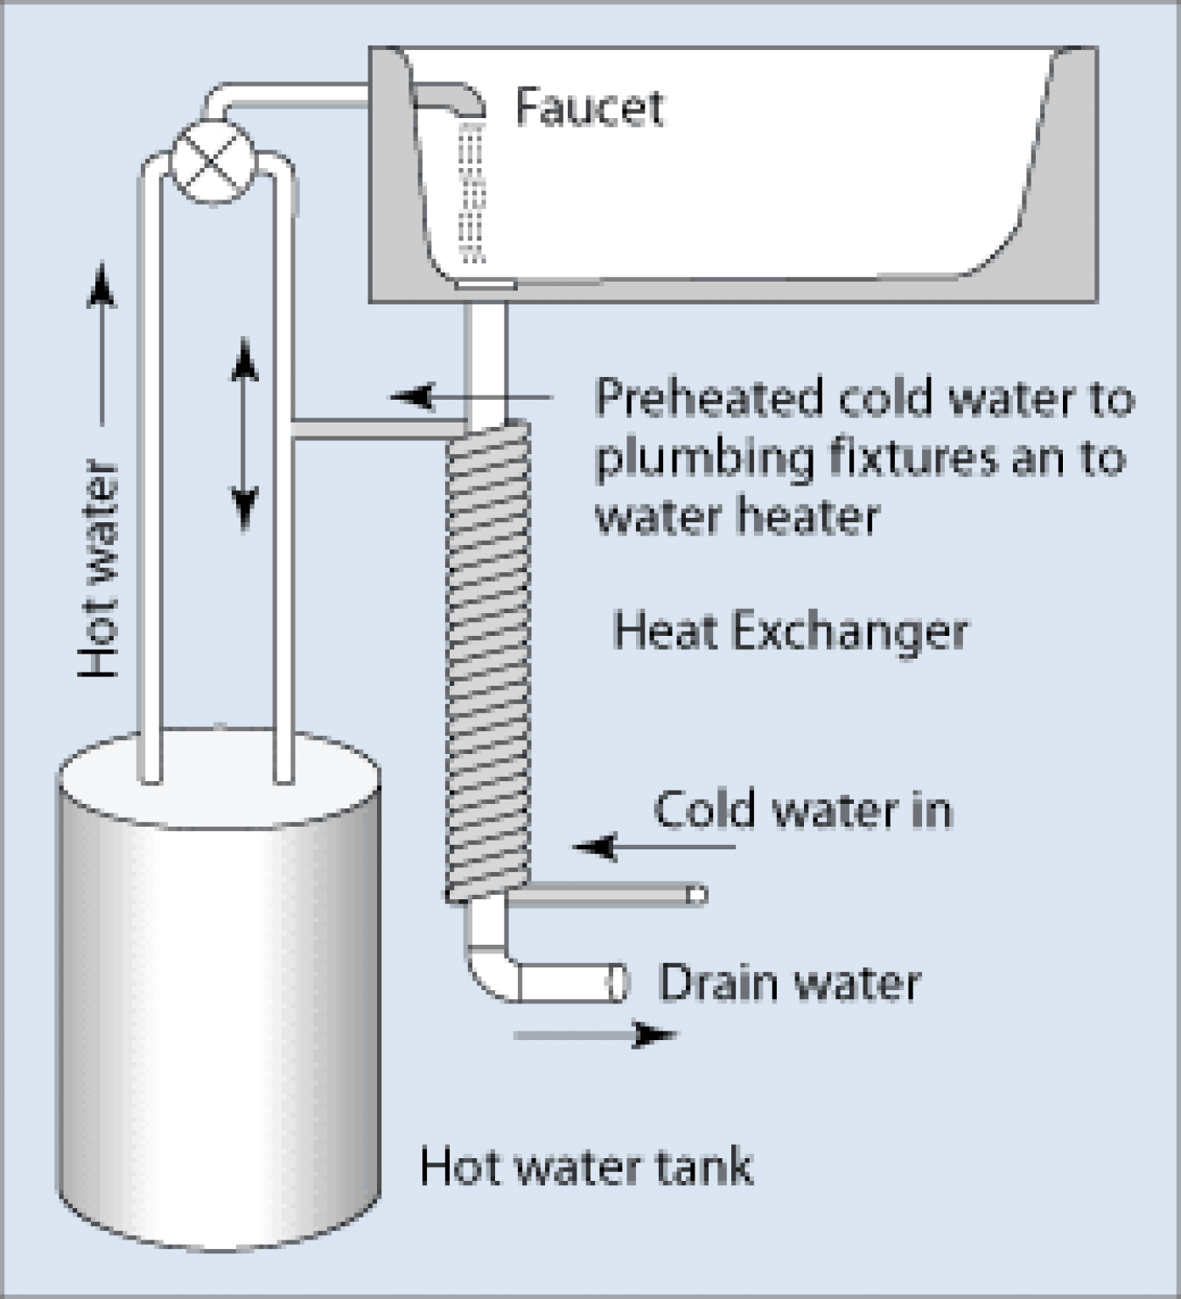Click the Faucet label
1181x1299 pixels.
click(590, 108)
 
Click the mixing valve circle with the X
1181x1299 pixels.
click(213, 161)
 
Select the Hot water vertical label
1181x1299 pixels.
click(99, 569)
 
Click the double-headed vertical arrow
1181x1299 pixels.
click(244, 435)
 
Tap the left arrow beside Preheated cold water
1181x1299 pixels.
click(471, 396)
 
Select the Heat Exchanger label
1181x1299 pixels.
click(790, 632)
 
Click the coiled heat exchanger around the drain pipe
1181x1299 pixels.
click(488, 660)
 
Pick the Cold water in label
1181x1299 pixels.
click(803, 809)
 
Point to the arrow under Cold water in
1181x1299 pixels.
click(654, 847)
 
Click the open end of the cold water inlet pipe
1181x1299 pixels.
click(698, 895)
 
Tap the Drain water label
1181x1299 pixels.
click(790, 982)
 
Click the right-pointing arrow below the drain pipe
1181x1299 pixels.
click(595, 1035)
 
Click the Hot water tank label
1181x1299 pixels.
click(587, 1166)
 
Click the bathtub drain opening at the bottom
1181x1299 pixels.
click(486, 284)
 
